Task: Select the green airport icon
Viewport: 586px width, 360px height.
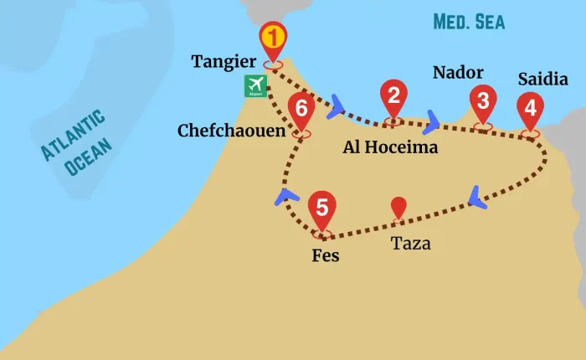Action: pos(255,86)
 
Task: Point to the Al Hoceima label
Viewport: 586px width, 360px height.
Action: pos(391,147)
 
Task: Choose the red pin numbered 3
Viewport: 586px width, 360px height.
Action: pos(482,102)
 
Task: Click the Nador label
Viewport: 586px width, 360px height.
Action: pos(458,73)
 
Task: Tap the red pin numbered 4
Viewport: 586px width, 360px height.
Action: pos(529,107)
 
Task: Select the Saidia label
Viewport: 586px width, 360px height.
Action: pos(543,80)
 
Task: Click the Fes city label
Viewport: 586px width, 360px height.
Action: pos(325,255)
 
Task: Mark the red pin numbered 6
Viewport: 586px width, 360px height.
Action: pos(301,108)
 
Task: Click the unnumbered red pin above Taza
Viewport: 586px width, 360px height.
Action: pos(399,206)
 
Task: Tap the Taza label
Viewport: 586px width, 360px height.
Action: pos(411,244)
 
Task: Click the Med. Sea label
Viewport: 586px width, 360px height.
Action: pos(469,21)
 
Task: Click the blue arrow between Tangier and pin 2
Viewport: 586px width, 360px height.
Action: pos(337,105)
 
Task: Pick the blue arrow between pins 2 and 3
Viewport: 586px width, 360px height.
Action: pos(432,121)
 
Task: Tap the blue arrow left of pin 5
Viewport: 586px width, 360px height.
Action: pos(287,198)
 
